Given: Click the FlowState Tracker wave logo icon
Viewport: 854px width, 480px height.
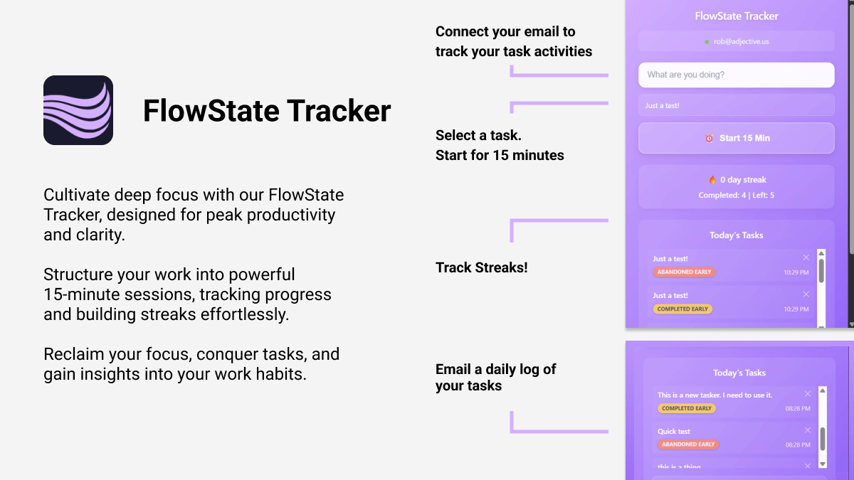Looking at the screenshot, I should click(x=78, y=110).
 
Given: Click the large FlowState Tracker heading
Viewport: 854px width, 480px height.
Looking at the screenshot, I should click(x=267, y=111).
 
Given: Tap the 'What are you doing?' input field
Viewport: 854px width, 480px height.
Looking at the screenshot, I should click(x=736, y=75).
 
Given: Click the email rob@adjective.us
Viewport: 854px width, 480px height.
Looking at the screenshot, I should click(x=741, y=42).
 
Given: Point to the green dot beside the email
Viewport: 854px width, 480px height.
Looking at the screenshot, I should click(x=707, y=42).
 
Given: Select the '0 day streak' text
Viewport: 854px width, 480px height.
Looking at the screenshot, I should click(x=743, y=180).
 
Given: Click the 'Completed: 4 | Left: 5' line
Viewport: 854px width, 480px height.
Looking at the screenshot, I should click(x=736, y=195).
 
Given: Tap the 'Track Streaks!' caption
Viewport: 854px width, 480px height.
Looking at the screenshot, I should click(x=482, y=268).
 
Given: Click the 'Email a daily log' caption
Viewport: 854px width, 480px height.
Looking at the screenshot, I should click(x=496, y=369).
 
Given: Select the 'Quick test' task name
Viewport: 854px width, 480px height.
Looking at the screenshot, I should click(x=674, y=432).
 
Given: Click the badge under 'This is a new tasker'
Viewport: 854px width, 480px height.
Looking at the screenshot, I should click(x=687, y=409).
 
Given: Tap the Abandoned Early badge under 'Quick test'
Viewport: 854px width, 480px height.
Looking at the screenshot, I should click(x=688, y=444).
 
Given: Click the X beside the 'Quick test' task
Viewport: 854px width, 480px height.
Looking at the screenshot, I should click(x=808, y=430).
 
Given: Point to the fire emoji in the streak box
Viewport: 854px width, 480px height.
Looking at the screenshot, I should click(x=712, y=180).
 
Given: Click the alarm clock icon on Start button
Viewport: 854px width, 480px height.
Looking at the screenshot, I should click(x=709, y=138).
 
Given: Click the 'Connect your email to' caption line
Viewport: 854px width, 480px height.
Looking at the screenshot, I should click(x=505, y=31).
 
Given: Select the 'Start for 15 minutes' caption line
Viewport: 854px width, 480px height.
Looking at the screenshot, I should click(x=500, y=155).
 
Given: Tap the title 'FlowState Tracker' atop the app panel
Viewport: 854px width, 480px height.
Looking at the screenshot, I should click(x=737, y=16).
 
